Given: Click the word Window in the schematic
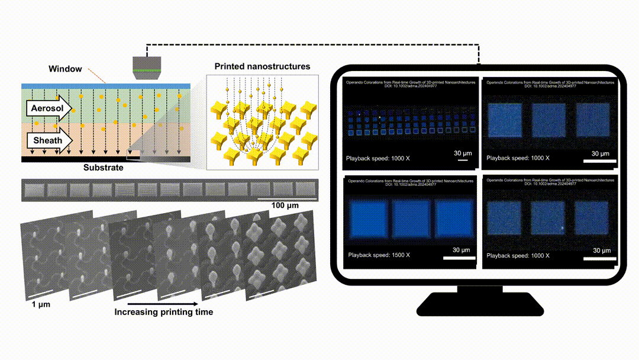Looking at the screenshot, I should coord(65,69).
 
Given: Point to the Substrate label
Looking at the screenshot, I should coord(104,168).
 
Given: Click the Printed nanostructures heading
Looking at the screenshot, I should coord(262,67).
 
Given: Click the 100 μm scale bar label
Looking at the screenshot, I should coord(285,205).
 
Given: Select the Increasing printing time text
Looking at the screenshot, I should coord(163,312).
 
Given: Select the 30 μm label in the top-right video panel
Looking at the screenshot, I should coord(601,154).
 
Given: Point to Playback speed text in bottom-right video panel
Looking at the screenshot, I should coord(518,255).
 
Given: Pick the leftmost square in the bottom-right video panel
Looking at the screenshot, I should coord(504,218).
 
